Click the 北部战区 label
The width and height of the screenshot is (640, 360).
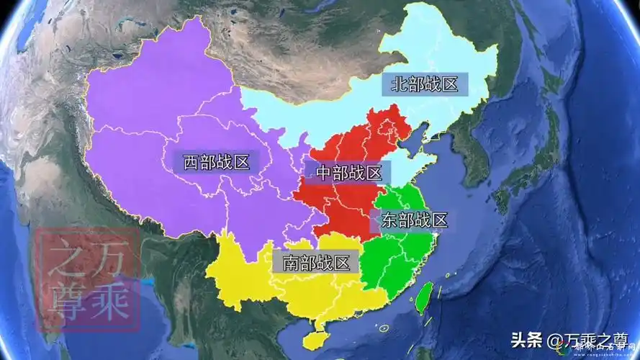tap(425, 84)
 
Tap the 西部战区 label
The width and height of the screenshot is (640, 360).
tap(216, 162)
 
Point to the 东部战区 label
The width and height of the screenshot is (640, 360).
tap(415, 220)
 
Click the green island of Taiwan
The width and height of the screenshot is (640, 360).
tap(425, 297)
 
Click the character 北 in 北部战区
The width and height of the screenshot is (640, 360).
tap(399, 84)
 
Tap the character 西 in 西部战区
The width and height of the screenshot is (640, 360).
tap(191, 162)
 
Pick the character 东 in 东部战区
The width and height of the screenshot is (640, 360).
tap(389, 220)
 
